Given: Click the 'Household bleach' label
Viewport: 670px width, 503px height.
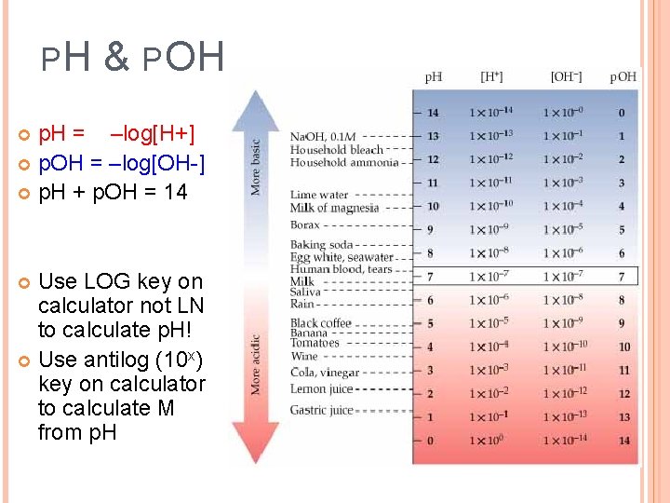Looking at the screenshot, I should tap(337, 149).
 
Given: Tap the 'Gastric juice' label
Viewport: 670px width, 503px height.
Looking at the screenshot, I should tap(322, 410).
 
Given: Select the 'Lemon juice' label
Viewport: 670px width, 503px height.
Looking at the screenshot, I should tap(322, 388).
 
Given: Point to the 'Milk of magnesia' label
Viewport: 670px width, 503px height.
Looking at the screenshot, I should tap(335, 208).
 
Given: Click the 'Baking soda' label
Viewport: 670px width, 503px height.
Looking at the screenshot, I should tap(322, 245).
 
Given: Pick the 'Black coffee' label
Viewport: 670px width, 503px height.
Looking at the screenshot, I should tap(321, 323).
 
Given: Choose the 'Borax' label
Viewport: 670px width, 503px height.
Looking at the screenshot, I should tap(306, 225).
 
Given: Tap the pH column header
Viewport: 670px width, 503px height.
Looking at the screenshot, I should tap(434, 76).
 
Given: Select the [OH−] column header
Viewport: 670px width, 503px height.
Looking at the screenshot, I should tap(566, 76).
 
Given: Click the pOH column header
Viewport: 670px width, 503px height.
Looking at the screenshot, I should tap(623, 76).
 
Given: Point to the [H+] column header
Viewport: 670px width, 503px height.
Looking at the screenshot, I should tap(492, 76).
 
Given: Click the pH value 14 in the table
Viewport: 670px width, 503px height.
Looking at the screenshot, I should tap(433, 113).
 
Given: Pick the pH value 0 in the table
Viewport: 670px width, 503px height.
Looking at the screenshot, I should tap(430, 441).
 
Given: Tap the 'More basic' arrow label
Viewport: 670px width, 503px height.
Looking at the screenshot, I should tap(256, 168).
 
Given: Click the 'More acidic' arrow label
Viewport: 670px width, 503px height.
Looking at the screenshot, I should tap(256, 364).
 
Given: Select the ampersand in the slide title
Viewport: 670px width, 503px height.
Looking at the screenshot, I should tap(116, 57).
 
